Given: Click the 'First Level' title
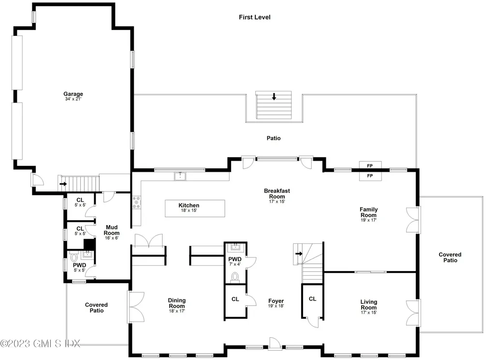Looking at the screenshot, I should pos(255,17).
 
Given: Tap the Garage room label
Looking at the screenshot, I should pos(73,94).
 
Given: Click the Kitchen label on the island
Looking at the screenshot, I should pos(189,206).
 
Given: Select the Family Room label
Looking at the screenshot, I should pos(368,212).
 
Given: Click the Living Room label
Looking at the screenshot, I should pos(368,305).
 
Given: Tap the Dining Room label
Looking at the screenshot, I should pos(177,303).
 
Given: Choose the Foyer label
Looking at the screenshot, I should pos(276,301).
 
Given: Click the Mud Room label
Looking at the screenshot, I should pos(112,230).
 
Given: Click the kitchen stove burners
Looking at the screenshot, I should pos(136,203).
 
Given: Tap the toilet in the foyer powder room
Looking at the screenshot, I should pos(235,277).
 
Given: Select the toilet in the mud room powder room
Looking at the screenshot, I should pos(74,256).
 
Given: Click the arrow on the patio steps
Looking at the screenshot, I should pos(274,97).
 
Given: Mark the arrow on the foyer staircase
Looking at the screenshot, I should pos(299,253).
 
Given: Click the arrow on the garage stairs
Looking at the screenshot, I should pos(63,184).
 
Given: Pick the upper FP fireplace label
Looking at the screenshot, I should pos(370,166).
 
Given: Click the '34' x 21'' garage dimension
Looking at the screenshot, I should pos(73,100).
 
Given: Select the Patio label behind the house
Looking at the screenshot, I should pos(274,138).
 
